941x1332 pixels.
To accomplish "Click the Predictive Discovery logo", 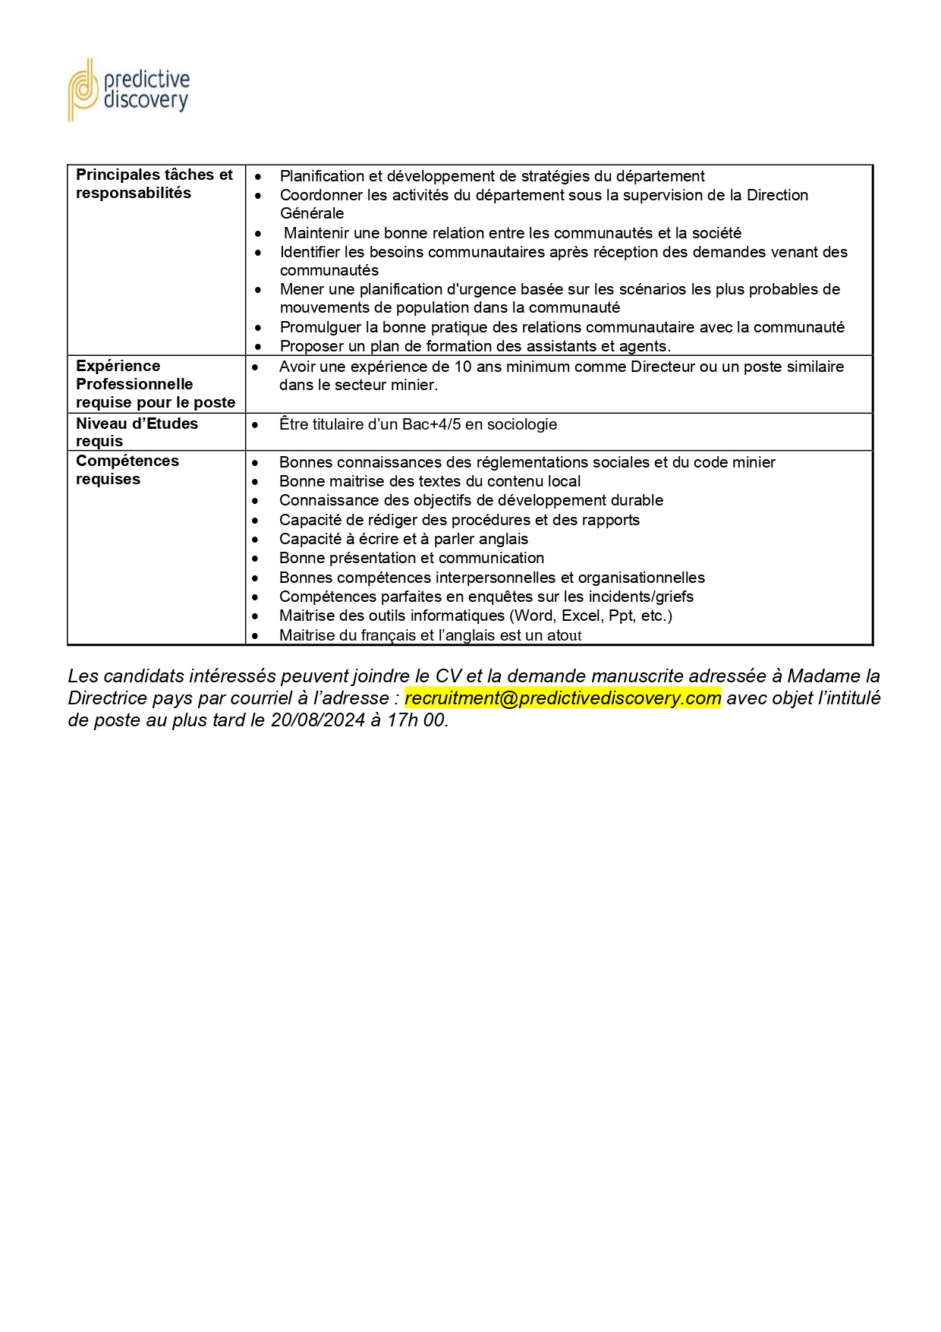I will pyautogui.click(x=128, y=90).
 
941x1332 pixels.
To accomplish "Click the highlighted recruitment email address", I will pyautogui.click(x=562, y=698).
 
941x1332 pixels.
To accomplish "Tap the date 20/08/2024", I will pyautogui.click(x=318, y=720).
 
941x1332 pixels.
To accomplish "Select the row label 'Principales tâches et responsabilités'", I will pyautogui.click(x=154, y=184).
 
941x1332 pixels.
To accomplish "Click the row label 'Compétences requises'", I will pyautogui.click(x=127, y=470).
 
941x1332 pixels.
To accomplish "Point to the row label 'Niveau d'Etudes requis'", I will pyautogui.click(x=137, y=432).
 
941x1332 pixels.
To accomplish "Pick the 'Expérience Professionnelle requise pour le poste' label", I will pyautogui.click(x=156, y=384).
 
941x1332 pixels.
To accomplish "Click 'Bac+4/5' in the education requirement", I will pyautogui.click(x=431, y=424).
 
